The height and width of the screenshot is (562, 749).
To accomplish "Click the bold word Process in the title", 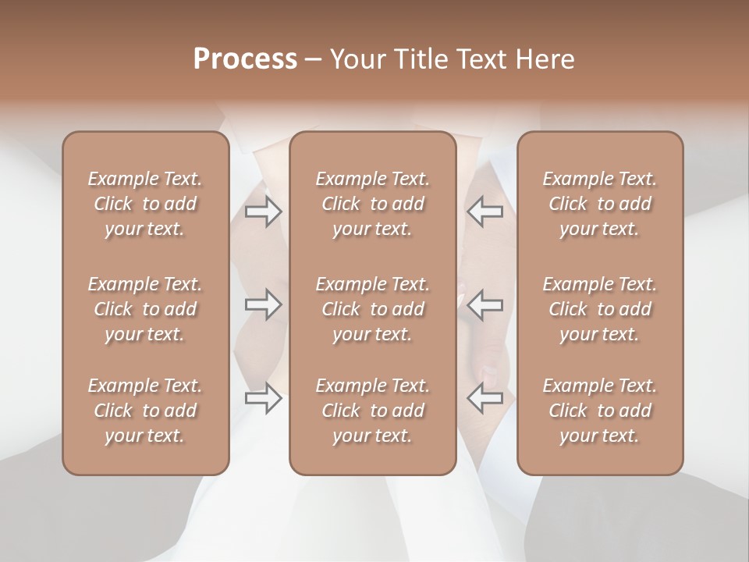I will [245, 59].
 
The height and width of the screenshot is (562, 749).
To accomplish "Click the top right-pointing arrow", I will [263, 211].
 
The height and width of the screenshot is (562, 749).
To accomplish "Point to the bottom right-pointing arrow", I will [263, 398].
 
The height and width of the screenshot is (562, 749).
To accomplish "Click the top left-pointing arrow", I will [485, 211].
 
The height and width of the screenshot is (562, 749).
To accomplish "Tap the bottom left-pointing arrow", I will [485, 398].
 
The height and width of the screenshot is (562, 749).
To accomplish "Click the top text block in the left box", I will [145, 204].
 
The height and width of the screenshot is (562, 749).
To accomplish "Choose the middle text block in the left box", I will [145, 309].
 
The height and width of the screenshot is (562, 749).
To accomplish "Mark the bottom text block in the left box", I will [145, 411].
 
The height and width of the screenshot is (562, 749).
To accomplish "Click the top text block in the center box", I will [372, 204].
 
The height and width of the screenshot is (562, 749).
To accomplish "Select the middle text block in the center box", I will [372, 309].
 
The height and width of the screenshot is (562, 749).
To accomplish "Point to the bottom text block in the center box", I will [372, 411].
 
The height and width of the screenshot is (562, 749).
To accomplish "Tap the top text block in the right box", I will [599, 204].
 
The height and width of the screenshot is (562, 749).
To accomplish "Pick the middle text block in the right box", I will [599, 309].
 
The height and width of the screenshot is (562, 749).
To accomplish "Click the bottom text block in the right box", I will [599, 411].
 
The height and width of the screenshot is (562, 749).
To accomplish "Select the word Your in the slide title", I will [356, 59].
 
